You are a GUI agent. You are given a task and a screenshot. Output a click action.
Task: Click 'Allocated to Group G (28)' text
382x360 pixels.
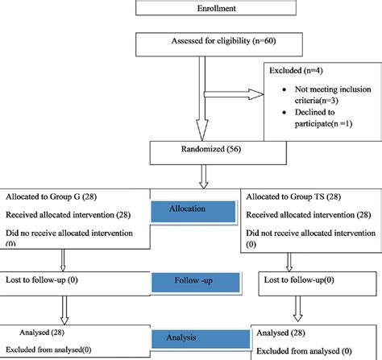[52, 197]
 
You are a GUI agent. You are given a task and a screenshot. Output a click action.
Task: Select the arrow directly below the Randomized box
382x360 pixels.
[207, 174]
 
